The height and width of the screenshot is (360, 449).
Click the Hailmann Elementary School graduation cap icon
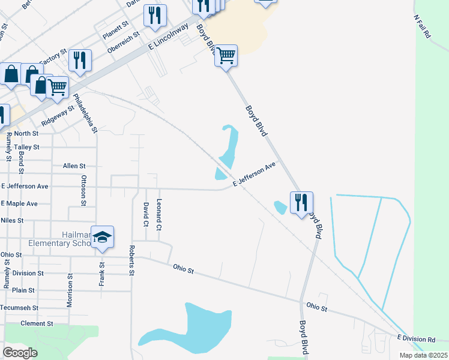103,237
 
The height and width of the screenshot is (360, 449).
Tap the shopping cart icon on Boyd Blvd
226,56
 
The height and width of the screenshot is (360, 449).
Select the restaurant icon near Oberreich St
155,16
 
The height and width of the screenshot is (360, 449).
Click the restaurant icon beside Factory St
79,60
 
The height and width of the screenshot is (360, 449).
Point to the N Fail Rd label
423,27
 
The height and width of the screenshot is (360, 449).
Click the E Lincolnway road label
169,37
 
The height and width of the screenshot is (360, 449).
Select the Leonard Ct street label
159,215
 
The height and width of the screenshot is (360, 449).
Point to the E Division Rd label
415,340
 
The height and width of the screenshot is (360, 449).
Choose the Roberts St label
131,260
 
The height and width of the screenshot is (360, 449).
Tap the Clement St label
37,323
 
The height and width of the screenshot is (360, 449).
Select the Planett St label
116,26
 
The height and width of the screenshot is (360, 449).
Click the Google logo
20,352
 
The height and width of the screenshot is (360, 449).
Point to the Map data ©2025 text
423,355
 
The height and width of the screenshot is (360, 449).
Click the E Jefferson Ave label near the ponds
254,174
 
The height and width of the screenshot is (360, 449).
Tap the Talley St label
26,147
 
